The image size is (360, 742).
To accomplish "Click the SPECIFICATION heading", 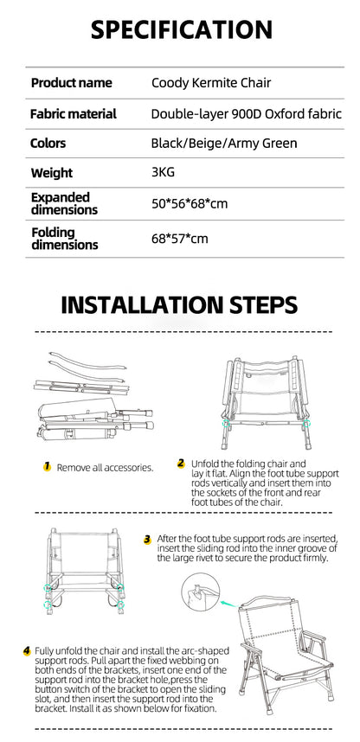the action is coord(182,29).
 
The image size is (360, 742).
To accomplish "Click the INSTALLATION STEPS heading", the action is coord(179,305).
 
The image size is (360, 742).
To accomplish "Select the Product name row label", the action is coord(72,83).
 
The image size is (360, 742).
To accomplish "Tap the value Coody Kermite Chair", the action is coord(211,83).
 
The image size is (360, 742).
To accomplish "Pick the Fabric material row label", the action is coord(74,114).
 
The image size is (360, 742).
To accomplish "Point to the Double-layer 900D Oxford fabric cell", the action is coord(247,114).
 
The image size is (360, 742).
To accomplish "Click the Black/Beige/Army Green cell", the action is coord(224,143).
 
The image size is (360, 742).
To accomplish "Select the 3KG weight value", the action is coord(163,172).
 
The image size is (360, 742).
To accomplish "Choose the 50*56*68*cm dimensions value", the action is coord(190,203).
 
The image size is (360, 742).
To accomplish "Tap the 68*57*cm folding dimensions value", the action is coord(179,239).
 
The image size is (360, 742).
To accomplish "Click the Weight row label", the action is coord(52,173).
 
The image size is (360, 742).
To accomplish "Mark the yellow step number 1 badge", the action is coord(47,467).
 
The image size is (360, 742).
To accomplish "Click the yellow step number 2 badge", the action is coord(181,464).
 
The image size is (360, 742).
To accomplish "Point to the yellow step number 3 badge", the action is coord(148,540).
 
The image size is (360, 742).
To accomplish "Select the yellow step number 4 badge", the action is coord(27,651).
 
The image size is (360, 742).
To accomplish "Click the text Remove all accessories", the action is coord(106,468).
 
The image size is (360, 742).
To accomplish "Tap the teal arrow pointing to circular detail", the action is coord(229,604).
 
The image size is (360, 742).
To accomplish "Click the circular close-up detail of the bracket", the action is coord(201,592).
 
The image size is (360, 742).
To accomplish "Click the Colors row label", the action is coord(48,143).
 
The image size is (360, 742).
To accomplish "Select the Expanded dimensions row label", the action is coord(64,203).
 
